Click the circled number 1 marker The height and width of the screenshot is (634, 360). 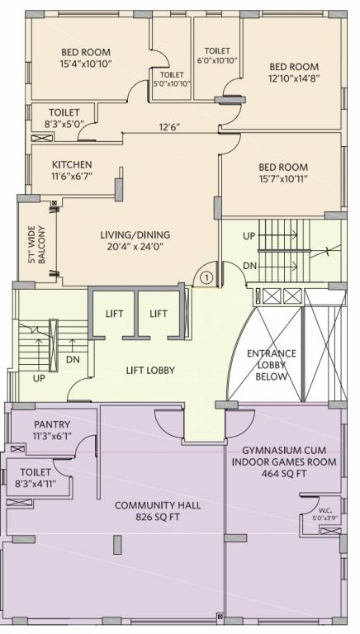(206, 278)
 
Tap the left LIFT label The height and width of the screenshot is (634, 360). (114, 314)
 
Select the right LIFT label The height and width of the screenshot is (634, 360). (159, 314)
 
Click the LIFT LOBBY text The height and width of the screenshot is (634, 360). (149, 371)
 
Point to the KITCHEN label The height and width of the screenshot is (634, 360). (72, 164)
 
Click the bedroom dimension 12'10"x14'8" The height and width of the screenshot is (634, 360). (293, 78)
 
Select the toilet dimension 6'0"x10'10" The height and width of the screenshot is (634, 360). (217, 60)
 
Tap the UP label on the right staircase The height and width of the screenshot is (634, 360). (249, 236)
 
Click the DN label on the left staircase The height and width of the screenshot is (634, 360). (72, 360)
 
